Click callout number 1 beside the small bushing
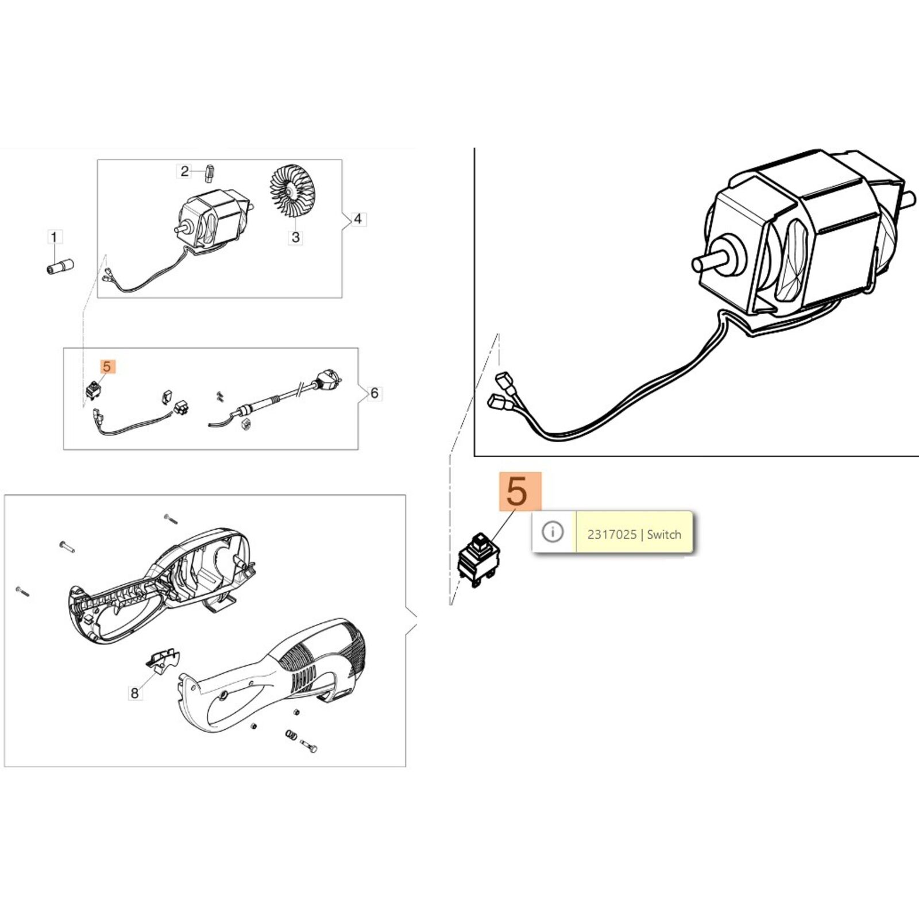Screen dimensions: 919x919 click(54, 237)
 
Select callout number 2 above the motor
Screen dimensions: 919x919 click(184, 171)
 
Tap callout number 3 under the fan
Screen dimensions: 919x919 click(296, 237)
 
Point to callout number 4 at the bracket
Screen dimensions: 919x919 click(358, 219)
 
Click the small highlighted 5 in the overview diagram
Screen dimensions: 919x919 click(107, 366)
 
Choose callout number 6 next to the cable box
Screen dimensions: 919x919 click(374, 393)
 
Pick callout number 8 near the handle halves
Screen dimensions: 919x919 click(135, 693)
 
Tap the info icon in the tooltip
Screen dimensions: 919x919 click(553, 532)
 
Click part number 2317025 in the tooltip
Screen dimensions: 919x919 click(612, 534)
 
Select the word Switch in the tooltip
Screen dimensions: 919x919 click(664, 534)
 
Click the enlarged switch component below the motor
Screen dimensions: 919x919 click(478, 559)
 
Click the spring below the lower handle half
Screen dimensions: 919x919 click(290, 735)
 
